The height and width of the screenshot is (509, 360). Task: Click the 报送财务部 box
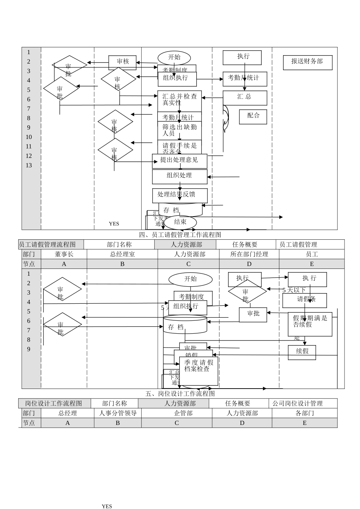[307, 62]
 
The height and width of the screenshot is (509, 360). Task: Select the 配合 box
[253, 117]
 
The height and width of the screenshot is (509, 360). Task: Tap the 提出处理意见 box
[180, 161]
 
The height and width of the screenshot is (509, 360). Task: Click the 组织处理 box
[180, 176]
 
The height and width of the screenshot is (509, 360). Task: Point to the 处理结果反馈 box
[180, 195]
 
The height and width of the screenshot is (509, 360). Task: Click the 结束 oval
[180, 222]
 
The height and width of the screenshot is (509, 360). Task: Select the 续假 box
[302, 352]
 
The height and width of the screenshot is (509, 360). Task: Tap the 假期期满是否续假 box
[310, 324]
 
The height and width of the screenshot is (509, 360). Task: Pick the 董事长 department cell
[64, 254]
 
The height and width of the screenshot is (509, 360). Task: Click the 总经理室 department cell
[122, 254]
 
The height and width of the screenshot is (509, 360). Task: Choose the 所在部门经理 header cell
[249, 254]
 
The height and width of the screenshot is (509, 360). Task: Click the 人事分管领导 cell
[118, 413]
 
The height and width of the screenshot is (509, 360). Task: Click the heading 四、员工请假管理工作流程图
[180, 235]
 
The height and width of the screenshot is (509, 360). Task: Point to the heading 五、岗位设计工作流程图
[180, 394]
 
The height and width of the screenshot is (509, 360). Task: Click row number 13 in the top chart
[29, 166]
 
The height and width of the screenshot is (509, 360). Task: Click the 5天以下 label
[294, 290]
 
